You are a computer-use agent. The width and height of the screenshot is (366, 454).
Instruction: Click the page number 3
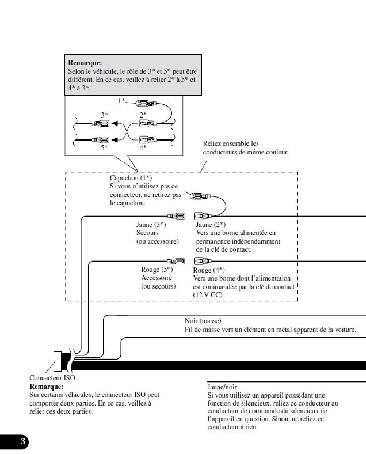pyautogui.click(x=23, y=442)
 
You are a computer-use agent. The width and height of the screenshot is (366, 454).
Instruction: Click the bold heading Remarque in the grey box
pyautogui.click(x=85, y=63)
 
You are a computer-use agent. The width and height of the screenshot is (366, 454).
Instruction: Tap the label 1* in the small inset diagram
pyautogui.click(x=121, y=101)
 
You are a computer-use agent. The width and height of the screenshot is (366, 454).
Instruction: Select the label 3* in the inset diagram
pyautogui.click(x=104, y=115)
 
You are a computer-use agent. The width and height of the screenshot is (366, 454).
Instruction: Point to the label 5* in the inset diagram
pyautogui.click(x=104, y=148)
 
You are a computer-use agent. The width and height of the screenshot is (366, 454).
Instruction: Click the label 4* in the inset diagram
pyautogui.click(x=143, y=148)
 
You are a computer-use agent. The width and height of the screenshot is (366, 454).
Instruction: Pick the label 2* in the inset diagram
pyautogui.click(x=143, y=115)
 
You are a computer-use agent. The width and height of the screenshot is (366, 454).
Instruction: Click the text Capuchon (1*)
pyautogui.click(x=131, y=179)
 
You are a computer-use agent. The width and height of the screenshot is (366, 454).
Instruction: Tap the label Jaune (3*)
pyautogui.click(x=151, y=225)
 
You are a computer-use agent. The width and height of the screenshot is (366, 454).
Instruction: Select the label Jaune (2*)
pyautogui.click(x=210, y=225)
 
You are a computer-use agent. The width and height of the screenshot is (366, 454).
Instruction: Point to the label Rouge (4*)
pyautogui.click(x=208, y=270)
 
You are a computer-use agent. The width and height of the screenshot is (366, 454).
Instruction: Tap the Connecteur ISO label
pyautogui.click(x=52, y=378)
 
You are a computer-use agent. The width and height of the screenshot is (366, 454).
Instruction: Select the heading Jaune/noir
pyautogui.click(x=222, y=387)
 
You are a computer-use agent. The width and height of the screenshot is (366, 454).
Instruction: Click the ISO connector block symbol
pyautogui.click(x=58, y=361)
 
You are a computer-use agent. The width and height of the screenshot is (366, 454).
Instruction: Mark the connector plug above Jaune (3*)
pyautogui.click(x=176, y=216)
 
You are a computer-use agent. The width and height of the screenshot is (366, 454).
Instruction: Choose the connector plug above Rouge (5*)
pyautogui.click(x=176, y=261)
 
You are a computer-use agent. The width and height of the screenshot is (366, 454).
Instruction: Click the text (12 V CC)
pyautogui.click(x=208, y=294)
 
